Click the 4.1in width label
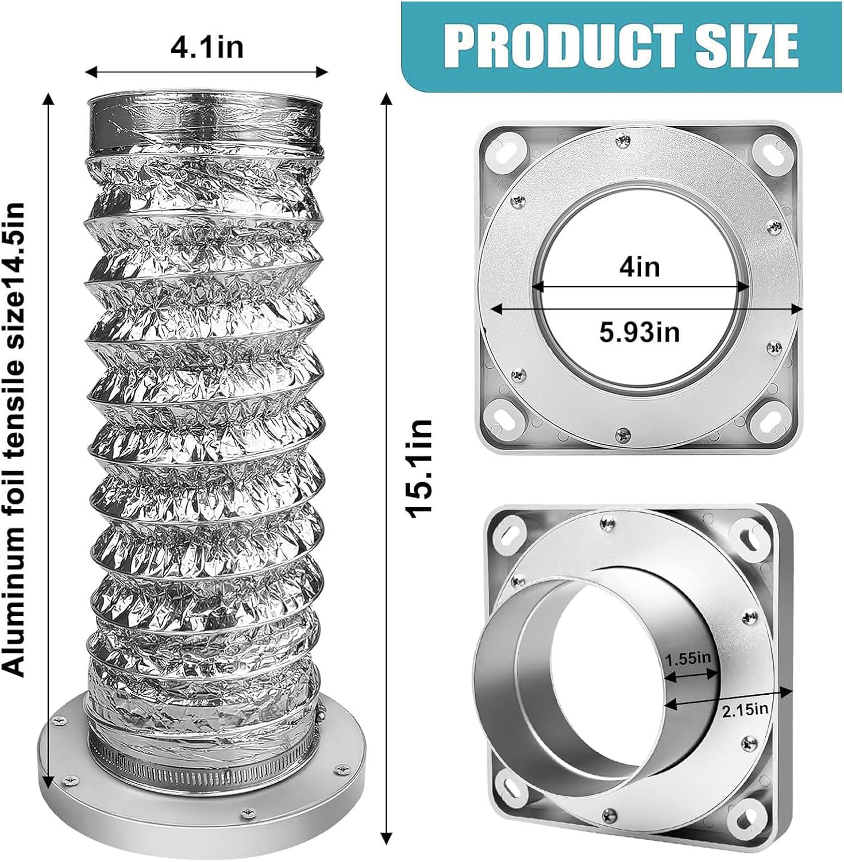click(x=207, y=47)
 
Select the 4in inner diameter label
click(x=639, y=267)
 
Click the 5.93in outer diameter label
click(x=639, y=332)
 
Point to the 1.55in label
click(x=688, y=659)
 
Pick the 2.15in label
click(x=745, y=709)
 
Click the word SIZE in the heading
click(x=747, y=45)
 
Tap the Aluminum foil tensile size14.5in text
click(x=15, y=440)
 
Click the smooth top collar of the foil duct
click(x=204, y=124)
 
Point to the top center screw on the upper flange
click(x=622, y=139)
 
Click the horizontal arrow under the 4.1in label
click(x=207, y=72)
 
